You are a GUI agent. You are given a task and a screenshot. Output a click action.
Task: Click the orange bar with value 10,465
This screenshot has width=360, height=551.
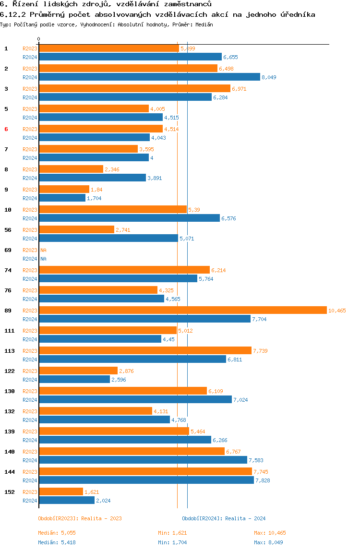183,310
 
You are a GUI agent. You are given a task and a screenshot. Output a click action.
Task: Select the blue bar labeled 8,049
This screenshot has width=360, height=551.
149,77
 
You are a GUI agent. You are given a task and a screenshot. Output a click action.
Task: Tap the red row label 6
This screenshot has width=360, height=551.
6,129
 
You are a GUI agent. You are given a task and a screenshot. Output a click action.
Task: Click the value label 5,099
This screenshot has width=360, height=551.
188,48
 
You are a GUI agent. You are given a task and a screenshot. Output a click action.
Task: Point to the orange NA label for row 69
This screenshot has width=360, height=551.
43,250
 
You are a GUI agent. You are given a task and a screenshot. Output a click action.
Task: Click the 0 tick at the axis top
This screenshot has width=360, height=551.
39,39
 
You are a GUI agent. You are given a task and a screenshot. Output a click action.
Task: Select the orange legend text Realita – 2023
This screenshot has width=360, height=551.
102,518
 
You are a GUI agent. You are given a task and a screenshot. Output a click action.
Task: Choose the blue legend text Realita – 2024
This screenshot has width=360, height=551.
245,518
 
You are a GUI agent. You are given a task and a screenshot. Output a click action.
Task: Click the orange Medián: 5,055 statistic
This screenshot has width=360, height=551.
57,533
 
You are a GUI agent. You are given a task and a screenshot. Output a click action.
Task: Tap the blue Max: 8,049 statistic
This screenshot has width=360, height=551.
269,542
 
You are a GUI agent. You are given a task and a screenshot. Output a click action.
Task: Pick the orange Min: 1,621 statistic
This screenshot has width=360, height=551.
172,533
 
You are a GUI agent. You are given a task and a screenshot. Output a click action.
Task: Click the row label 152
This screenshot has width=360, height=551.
10,492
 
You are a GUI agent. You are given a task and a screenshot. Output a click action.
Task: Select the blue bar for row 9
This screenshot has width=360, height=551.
62,198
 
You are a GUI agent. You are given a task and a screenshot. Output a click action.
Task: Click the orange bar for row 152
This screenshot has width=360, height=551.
61,491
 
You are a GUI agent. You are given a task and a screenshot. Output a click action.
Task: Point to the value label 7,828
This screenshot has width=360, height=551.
263,480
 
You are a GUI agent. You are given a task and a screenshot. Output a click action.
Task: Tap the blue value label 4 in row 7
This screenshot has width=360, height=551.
152,158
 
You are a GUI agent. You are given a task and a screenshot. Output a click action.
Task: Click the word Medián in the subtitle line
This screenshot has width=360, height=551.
204,24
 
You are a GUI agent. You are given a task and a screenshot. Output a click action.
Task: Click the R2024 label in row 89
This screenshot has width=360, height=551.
30,319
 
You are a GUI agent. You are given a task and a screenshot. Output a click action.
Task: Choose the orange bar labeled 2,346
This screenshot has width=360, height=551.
71,169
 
